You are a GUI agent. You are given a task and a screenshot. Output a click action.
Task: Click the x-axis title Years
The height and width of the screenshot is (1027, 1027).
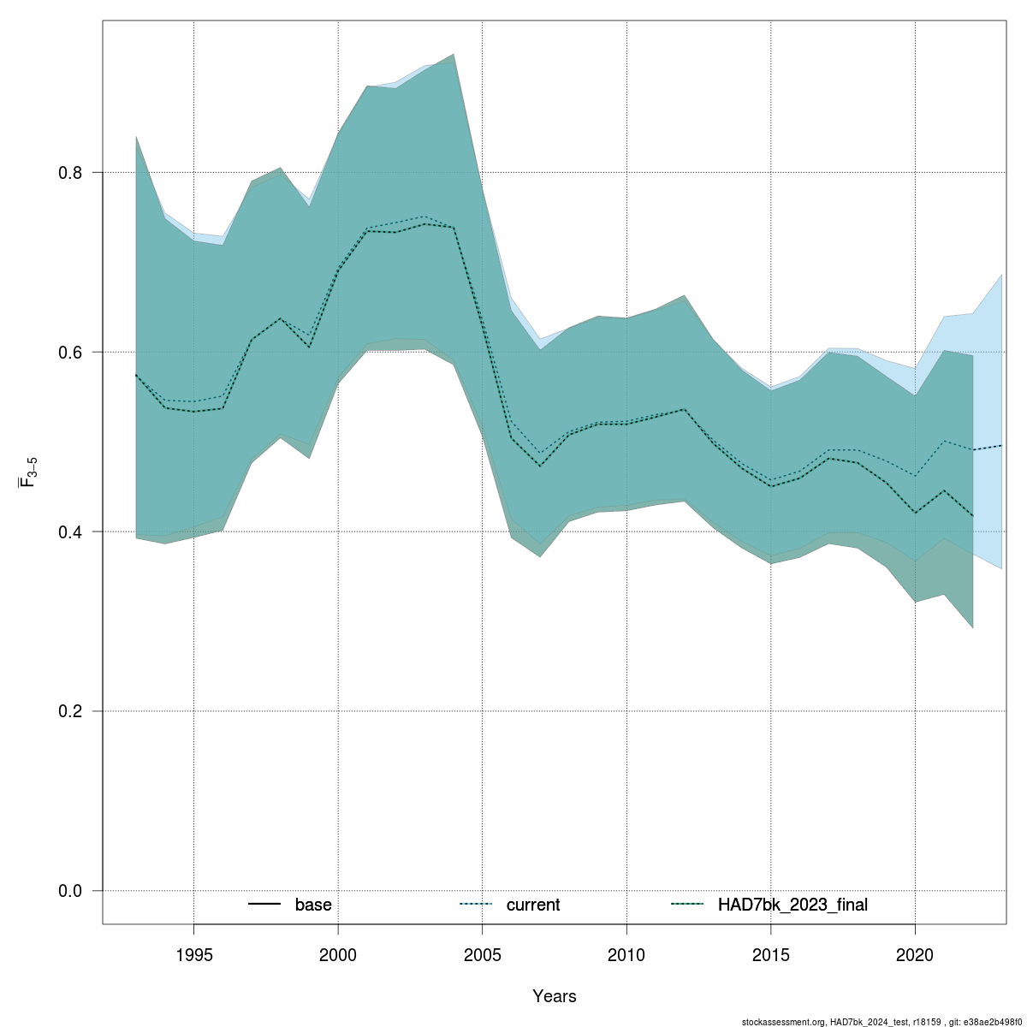[554, 996]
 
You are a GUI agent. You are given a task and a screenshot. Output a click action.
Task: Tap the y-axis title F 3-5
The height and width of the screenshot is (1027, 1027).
[27, 472]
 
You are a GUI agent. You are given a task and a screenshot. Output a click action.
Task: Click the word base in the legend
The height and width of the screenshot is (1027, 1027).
[313, 905]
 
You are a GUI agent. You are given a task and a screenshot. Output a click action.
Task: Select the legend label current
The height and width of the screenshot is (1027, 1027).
[533, 905]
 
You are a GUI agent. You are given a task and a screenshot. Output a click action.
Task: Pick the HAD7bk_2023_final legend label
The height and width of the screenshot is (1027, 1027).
[793, 905]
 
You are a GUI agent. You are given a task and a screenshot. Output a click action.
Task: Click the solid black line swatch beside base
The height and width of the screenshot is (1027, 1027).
[264, 905]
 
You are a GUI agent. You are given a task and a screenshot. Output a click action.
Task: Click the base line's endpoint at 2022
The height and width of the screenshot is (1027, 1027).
[973, 516]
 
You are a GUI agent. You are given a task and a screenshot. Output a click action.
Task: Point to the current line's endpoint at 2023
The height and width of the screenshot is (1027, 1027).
[1002, 445]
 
